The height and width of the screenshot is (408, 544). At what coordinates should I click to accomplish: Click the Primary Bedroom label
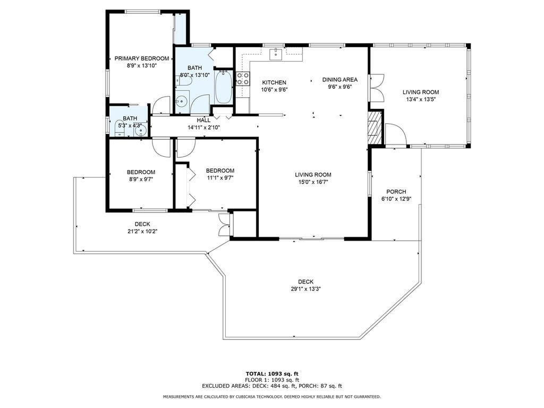pos(141,58)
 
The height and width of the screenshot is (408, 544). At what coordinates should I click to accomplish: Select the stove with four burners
pos(243,79)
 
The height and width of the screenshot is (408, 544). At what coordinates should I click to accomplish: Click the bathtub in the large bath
pos(223,87)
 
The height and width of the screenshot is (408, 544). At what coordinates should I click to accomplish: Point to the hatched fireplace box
pos(375,127)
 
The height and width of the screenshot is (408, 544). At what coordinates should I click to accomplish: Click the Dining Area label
pos(339,80)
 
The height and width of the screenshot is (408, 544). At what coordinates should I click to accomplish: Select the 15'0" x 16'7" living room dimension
pos(313,182)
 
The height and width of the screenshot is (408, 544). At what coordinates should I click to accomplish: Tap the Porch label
pos(396,192)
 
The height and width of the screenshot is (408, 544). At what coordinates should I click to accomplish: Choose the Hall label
pos(203,120)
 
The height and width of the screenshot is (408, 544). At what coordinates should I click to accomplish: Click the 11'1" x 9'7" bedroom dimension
pos(220,177)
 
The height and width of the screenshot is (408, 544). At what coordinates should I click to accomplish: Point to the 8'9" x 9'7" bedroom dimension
pos(140,179)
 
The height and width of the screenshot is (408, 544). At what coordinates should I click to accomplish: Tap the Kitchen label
pos(274,82)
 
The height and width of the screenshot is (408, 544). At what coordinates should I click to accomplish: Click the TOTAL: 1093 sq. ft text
pos(272,373)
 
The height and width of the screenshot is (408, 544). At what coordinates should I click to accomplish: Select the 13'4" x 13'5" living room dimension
pos(421,99)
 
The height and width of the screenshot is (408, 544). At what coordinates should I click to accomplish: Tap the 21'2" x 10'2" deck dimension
pos(142,232)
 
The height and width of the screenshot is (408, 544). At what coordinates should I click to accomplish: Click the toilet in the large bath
pos(184,81)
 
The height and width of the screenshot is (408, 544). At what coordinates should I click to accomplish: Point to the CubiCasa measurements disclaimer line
pos(272,396)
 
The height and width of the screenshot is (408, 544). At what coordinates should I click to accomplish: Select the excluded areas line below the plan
pos(272,386)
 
